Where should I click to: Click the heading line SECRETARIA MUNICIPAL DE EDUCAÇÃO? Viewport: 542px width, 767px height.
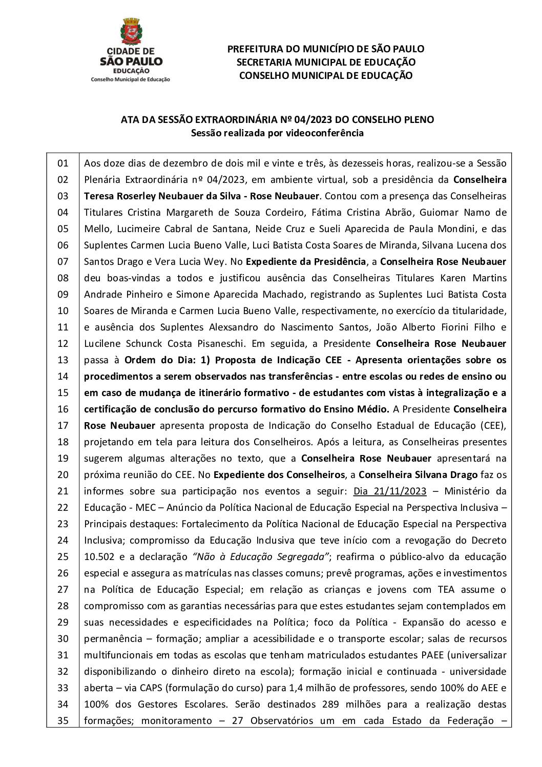325,62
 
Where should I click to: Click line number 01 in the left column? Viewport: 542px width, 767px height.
62,163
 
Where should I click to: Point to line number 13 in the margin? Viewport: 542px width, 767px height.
62,360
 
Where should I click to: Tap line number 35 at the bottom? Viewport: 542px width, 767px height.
62,721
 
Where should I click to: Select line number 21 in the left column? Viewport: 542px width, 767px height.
62,491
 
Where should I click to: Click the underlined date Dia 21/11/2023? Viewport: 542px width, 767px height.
390,491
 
